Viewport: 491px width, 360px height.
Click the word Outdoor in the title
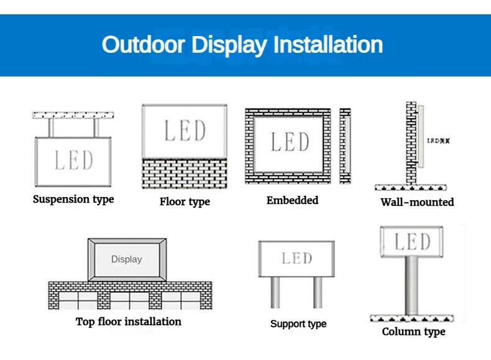(144, 45)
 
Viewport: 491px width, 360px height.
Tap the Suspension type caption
(73, 200)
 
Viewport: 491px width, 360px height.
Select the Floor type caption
(185, 201)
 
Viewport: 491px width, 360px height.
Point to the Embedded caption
(292, 200)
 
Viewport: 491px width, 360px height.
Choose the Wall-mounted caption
(417, 202)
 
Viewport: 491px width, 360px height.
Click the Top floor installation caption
(129, 321)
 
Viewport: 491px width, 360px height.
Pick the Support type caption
(298, 324)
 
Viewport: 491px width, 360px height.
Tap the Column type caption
(413, 331)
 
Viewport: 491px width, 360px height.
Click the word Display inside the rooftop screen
(126, 259)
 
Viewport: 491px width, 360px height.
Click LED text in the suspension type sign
(73, 160)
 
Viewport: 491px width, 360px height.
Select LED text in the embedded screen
(290, 142)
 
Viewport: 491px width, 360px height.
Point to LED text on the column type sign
(412, 241)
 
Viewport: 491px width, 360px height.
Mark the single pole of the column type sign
(411, 285)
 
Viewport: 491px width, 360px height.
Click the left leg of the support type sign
(275, 292)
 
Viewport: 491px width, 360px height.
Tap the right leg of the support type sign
(318, 292)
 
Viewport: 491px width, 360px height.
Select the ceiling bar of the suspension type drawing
(73, 115)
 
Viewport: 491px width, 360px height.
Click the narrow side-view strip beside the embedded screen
(345, 145)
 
